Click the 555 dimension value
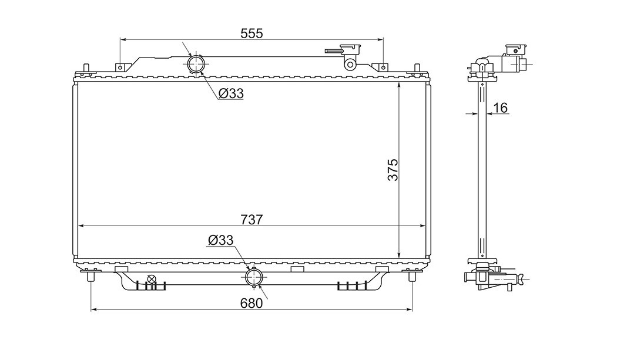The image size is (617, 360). click(x=252, y=33)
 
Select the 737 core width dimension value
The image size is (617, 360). click(x=252, y=220)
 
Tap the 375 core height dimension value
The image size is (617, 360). click(x=393, y=170)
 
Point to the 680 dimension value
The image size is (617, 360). click(x=251, y=304)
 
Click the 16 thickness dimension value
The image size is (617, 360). click(x=500, y=107)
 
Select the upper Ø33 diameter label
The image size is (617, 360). click(x=231, y=93)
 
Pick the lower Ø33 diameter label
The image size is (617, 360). click(x=220, y=240)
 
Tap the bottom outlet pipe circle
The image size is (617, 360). click(x=254, y=277)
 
